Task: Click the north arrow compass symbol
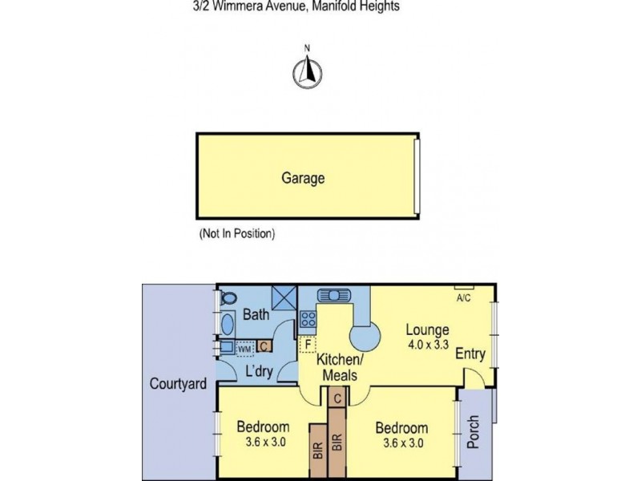308,72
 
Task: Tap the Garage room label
303,178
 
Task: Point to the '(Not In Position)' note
237,233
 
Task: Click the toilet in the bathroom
229,297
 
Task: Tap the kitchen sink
334,294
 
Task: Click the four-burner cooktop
308,318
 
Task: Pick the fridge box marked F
308,344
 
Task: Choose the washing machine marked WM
244,349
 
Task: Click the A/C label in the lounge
463,297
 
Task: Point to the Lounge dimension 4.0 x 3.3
428,345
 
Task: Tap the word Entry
470,354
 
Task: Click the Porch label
473,432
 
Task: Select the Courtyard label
178,384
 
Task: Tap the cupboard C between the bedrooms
337,398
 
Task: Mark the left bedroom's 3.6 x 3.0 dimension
266,442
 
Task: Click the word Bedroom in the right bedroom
401,428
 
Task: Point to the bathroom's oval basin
228,325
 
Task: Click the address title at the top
296,6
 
